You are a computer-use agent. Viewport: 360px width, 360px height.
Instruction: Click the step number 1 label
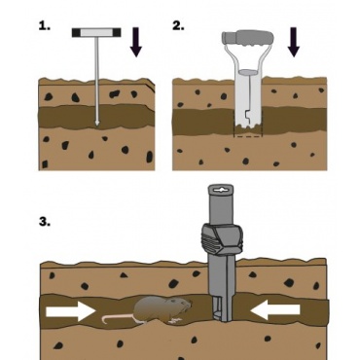tap(45, 26)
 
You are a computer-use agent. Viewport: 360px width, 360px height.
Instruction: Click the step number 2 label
tap(178, 26)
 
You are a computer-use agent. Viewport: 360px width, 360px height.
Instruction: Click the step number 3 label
tap(45, 222)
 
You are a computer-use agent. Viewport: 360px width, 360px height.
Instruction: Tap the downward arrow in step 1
tap(136, 42)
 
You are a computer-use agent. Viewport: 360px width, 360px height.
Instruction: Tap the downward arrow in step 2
tap(293, 42)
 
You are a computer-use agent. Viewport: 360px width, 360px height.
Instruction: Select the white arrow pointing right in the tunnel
tap(71, 311)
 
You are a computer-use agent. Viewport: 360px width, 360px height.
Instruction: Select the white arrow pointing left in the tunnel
tap(275, 310)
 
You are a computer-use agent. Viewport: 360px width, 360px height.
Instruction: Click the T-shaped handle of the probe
tap(96, 32)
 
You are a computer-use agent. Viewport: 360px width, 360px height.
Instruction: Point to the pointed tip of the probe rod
tap(96, 124)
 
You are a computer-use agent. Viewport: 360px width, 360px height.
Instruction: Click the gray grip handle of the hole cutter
tap(246, 37)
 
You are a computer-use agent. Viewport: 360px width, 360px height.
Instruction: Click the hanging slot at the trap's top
tap(221, 189)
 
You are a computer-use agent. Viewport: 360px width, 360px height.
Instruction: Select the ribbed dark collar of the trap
tap(222, 238)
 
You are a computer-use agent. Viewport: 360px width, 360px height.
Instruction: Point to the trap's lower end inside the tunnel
tap(222, 312)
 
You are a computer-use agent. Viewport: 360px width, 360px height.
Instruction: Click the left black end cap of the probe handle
tap(76, 32)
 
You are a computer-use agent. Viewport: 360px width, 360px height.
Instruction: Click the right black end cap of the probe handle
tap(117, 32)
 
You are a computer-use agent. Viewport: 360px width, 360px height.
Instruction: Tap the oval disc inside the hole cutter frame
tap(247, 72)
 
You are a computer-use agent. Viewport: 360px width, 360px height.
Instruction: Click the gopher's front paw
tap(173, 320)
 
